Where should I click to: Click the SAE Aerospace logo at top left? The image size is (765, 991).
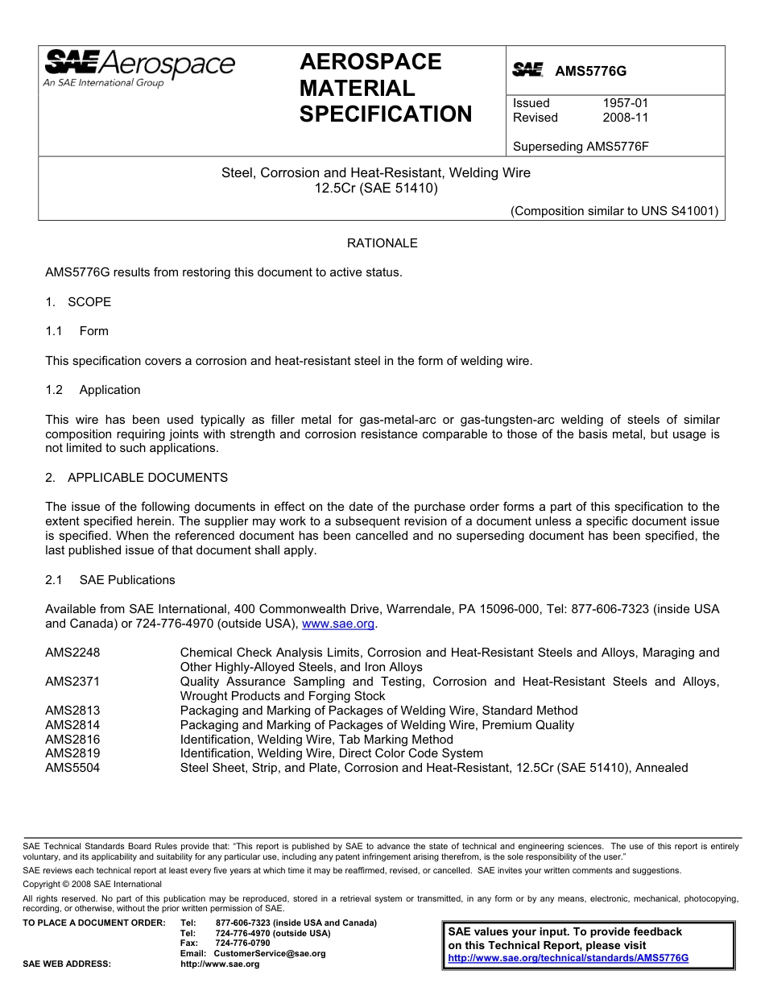(139, 67)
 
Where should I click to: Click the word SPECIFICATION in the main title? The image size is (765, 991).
(386, 114)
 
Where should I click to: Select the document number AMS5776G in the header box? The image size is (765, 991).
(590, 71)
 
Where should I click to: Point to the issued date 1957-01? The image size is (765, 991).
(625, 103)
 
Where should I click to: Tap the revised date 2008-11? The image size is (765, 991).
(625, 118)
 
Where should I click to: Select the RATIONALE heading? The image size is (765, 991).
(382, 243)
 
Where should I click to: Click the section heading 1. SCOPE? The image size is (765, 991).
(78, 302)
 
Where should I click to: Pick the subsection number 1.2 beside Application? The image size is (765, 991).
(54, 390)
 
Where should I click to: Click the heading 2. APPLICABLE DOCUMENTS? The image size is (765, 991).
(136, 478)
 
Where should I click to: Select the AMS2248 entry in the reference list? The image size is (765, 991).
(72, 653)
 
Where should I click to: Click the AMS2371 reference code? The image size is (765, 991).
(72, 682)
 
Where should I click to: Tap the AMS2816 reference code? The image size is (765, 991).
(72, 740)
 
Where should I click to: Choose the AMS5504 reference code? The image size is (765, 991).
(72, 768)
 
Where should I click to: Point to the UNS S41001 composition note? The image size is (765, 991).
(614, 212)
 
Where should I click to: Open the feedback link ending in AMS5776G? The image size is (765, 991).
(568, 959)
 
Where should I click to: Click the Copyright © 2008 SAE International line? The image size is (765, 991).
(93, 884)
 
